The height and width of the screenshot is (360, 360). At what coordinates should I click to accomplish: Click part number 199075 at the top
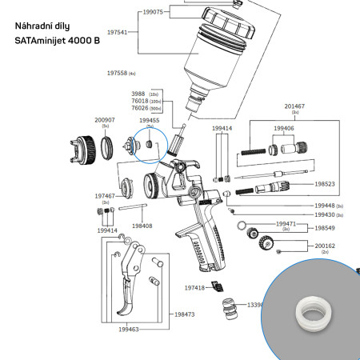(x=153, y=12)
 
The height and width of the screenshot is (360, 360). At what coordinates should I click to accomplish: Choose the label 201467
(x=295, y=106)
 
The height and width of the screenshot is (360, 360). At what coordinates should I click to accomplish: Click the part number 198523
(x=325, y=183)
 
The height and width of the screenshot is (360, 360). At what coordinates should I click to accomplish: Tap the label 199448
(x=324, y=206)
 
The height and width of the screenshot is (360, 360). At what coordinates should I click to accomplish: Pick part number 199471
(x=286, y=224)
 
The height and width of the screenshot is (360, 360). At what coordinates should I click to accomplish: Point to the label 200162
(x=325, y=246)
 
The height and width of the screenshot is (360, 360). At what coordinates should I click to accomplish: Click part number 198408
(x=142, y=226)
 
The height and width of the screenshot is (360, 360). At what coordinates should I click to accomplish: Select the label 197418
(x=194, y=287)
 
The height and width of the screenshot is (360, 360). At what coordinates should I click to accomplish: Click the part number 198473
(x=184, y=314)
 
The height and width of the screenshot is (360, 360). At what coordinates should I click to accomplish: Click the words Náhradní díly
(x=42, y=26)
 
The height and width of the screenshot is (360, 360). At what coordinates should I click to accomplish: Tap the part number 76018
(x=141, y=102)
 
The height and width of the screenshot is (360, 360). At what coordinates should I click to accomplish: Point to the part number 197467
(x=105, y=195)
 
